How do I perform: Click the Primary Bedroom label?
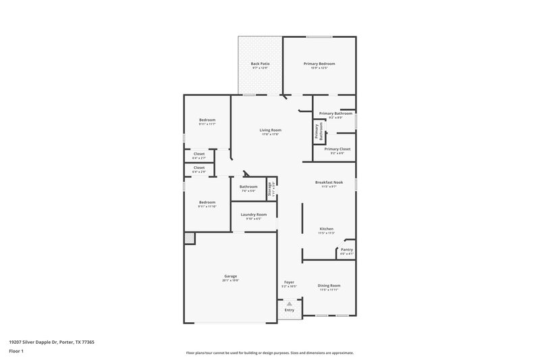(x=319, y=63)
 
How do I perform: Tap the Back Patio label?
(x=260, y=63)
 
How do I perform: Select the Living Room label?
(x=271, y=130)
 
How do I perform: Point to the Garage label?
(x=231, y=276)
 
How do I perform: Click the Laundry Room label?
(x=254, y=214)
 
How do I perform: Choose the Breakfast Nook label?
(x=329, y=182)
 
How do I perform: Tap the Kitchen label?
(x=327, y=229)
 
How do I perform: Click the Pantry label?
(x=346, y=250)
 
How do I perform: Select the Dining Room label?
(x=329, y=285)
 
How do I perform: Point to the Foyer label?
(x=289, y=282)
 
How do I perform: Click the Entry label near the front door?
(x=289, y=310)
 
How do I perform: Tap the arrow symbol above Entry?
(x=289, y=304)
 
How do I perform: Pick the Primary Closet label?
(x=337, y=149)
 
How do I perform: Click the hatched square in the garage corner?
(x=189, y=238)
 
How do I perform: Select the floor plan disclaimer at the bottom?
(x=270, y=353)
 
